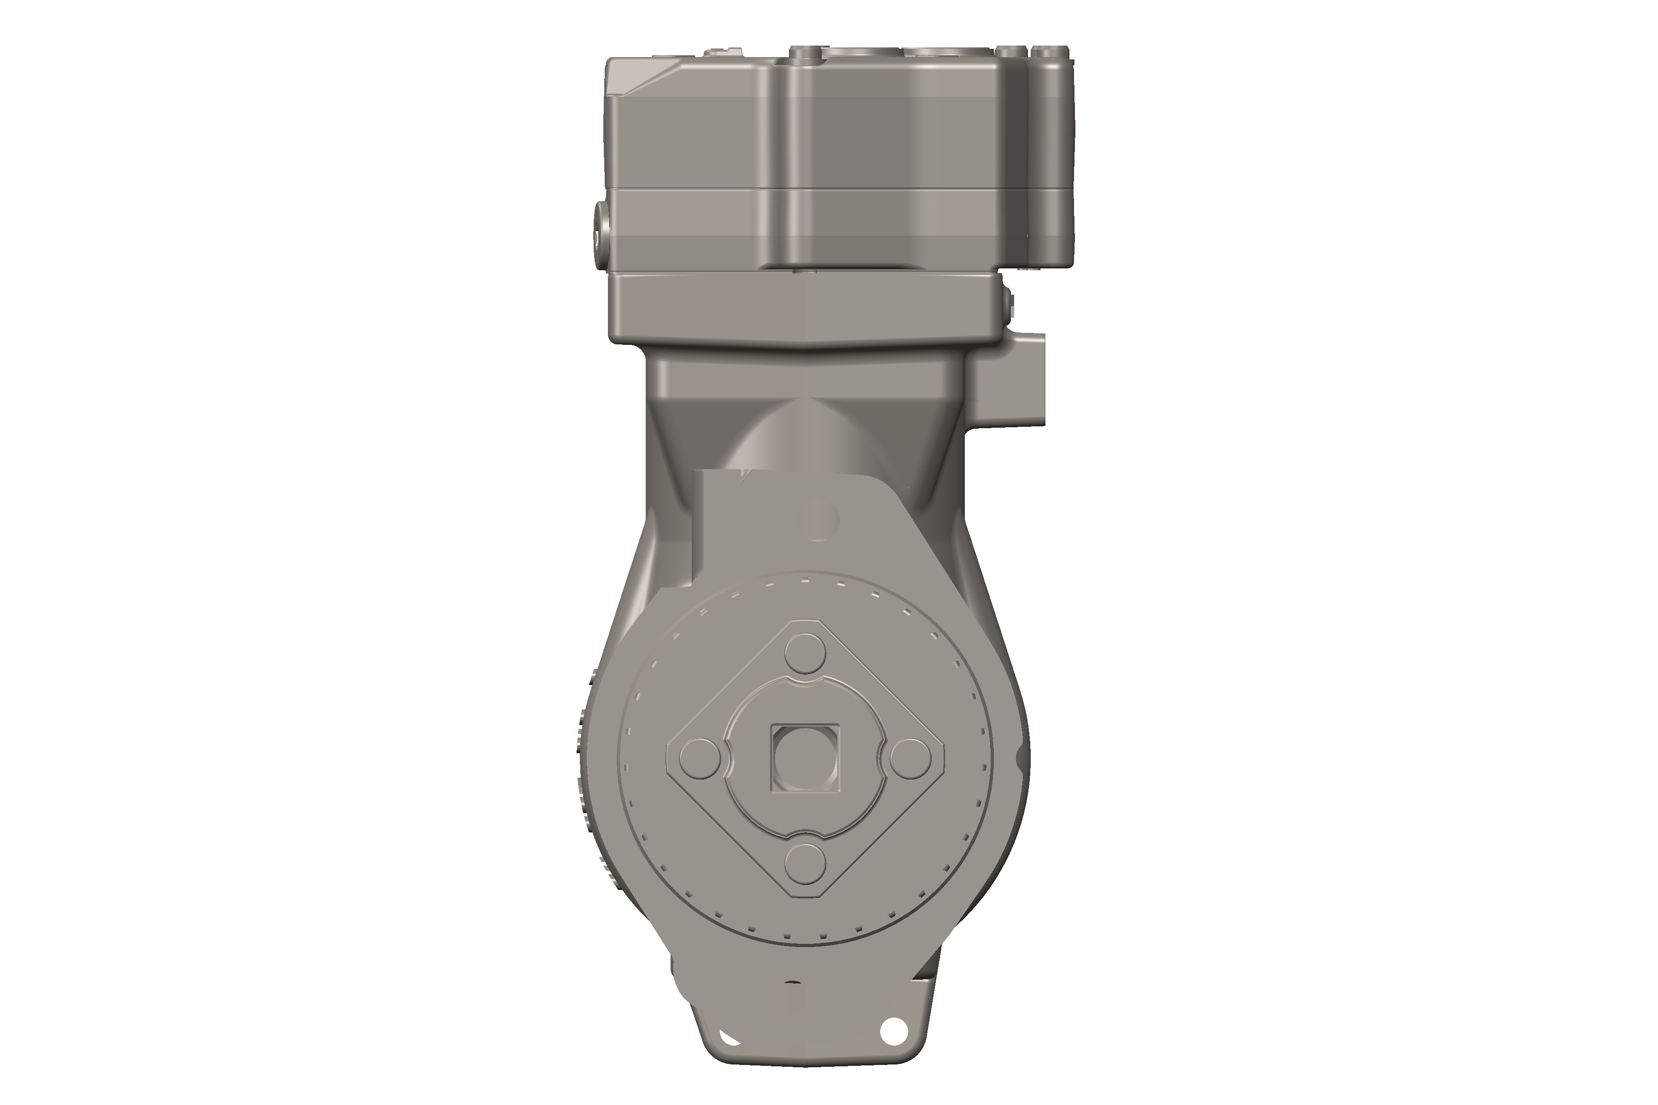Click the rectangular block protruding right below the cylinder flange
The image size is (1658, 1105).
(x=1010, y=381)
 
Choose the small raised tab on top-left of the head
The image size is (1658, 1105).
(x=724, y=52)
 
